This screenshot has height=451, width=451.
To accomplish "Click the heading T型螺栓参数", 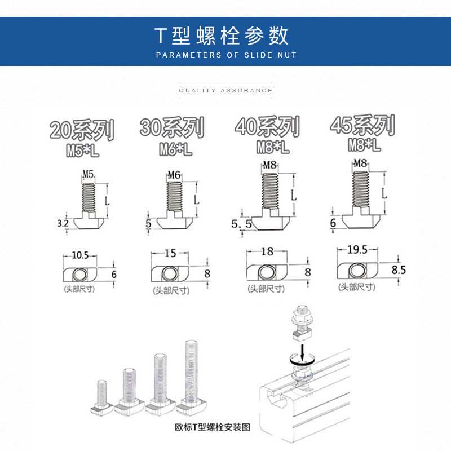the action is [x=222, y=36].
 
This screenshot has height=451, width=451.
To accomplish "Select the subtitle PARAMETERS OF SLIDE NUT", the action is [x=225, y=55].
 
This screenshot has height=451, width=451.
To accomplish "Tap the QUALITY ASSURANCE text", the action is [x=225, y=90].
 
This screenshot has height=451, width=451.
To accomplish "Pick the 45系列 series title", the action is [x=362, y=126].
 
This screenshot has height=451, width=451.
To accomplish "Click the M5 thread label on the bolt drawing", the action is [x=89, y=174].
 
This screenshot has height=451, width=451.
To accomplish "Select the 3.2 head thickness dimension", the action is [x=63, y=223].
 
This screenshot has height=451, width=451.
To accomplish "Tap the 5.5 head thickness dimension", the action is [x=240, y=224].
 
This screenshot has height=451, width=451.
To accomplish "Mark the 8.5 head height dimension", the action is [x=399, y=269].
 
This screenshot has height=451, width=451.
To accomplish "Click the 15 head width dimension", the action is [x=170, y=254].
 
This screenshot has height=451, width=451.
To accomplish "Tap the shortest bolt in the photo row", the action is [x=102, y=395].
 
